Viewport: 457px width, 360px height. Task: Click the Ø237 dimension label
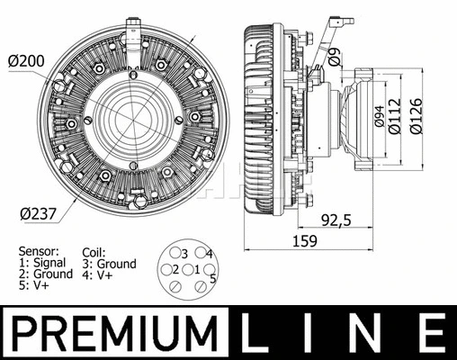tap(36, 213)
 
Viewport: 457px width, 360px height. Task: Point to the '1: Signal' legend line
tap(41, 264)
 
